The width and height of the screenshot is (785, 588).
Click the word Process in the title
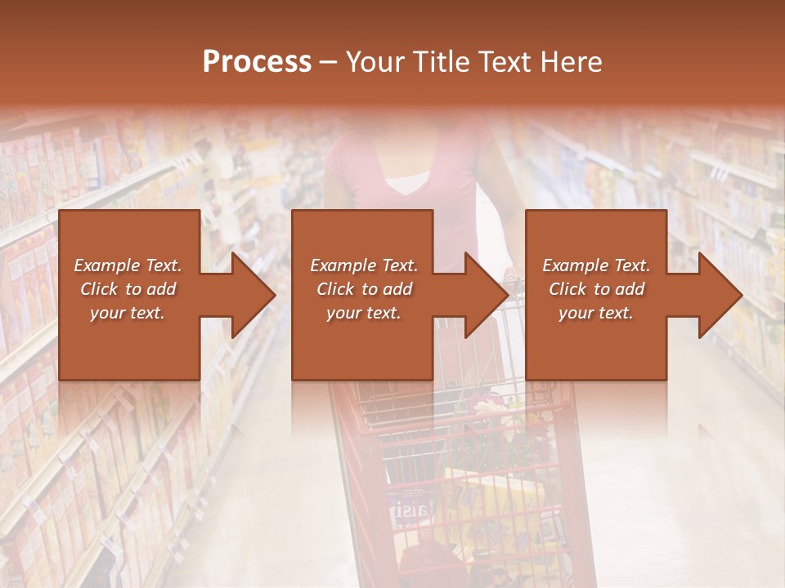(x=257, y=62)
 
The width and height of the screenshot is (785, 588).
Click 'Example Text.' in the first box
(x=128, y=265)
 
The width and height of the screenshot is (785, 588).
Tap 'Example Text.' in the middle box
(x=364, y=265)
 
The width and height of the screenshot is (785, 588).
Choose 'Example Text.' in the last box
(x=596, y=265)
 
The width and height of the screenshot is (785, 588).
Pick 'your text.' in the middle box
(x=363, y=313)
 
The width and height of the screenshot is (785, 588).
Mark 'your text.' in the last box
(x=595, y=313)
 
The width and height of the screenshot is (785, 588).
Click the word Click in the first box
(x=100, y=289)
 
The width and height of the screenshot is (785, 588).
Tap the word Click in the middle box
(x=336, y=289)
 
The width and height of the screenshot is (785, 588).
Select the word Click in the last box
(x=568, y=289)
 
